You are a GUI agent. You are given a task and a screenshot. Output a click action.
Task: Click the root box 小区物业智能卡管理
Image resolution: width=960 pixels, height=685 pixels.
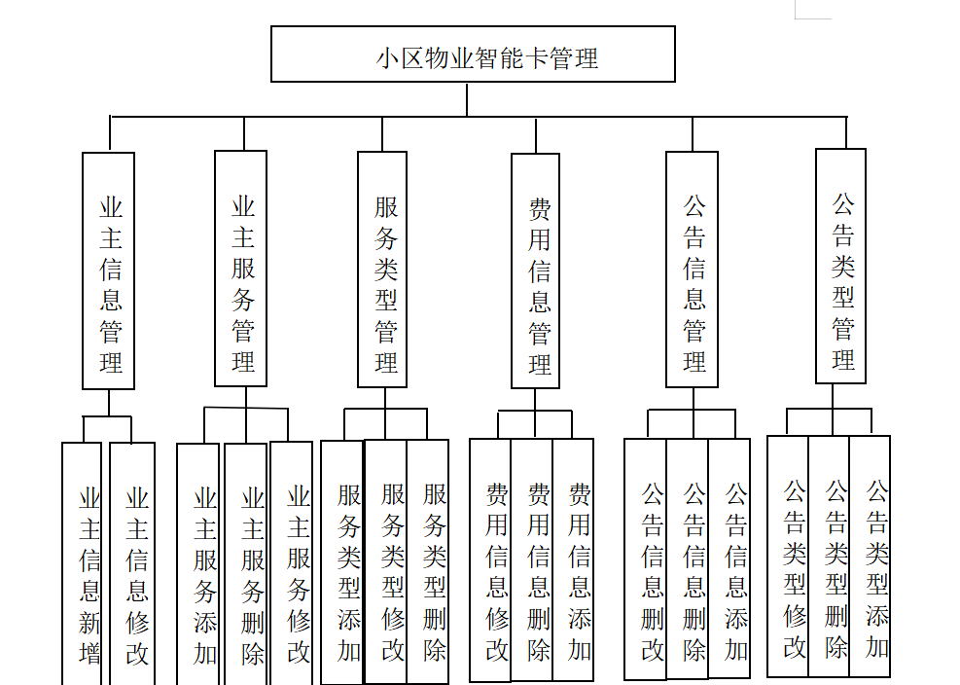pyautogui.click(x=473, y=54)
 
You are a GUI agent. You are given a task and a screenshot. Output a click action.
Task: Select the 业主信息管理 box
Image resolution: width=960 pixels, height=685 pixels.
pyautogui.click(x=109, y=270)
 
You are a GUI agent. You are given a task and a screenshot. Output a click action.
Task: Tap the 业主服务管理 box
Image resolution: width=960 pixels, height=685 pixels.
pyautogui.click(x=241, y=269)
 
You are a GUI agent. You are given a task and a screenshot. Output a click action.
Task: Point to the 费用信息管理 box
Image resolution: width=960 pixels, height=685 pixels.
pyautogui.click(x=536, y=270)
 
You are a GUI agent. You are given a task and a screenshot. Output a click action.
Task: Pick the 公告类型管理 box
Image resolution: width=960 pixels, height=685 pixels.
pyautogui.click(x=840, y=266)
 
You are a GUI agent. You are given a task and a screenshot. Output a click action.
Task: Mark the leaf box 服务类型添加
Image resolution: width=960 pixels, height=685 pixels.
pyautogui.click(x=343, y=564)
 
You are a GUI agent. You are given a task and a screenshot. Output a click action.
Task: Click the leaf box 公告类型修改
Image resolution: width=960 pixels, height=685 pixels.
pyautogui.click(x=789, y=559)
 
